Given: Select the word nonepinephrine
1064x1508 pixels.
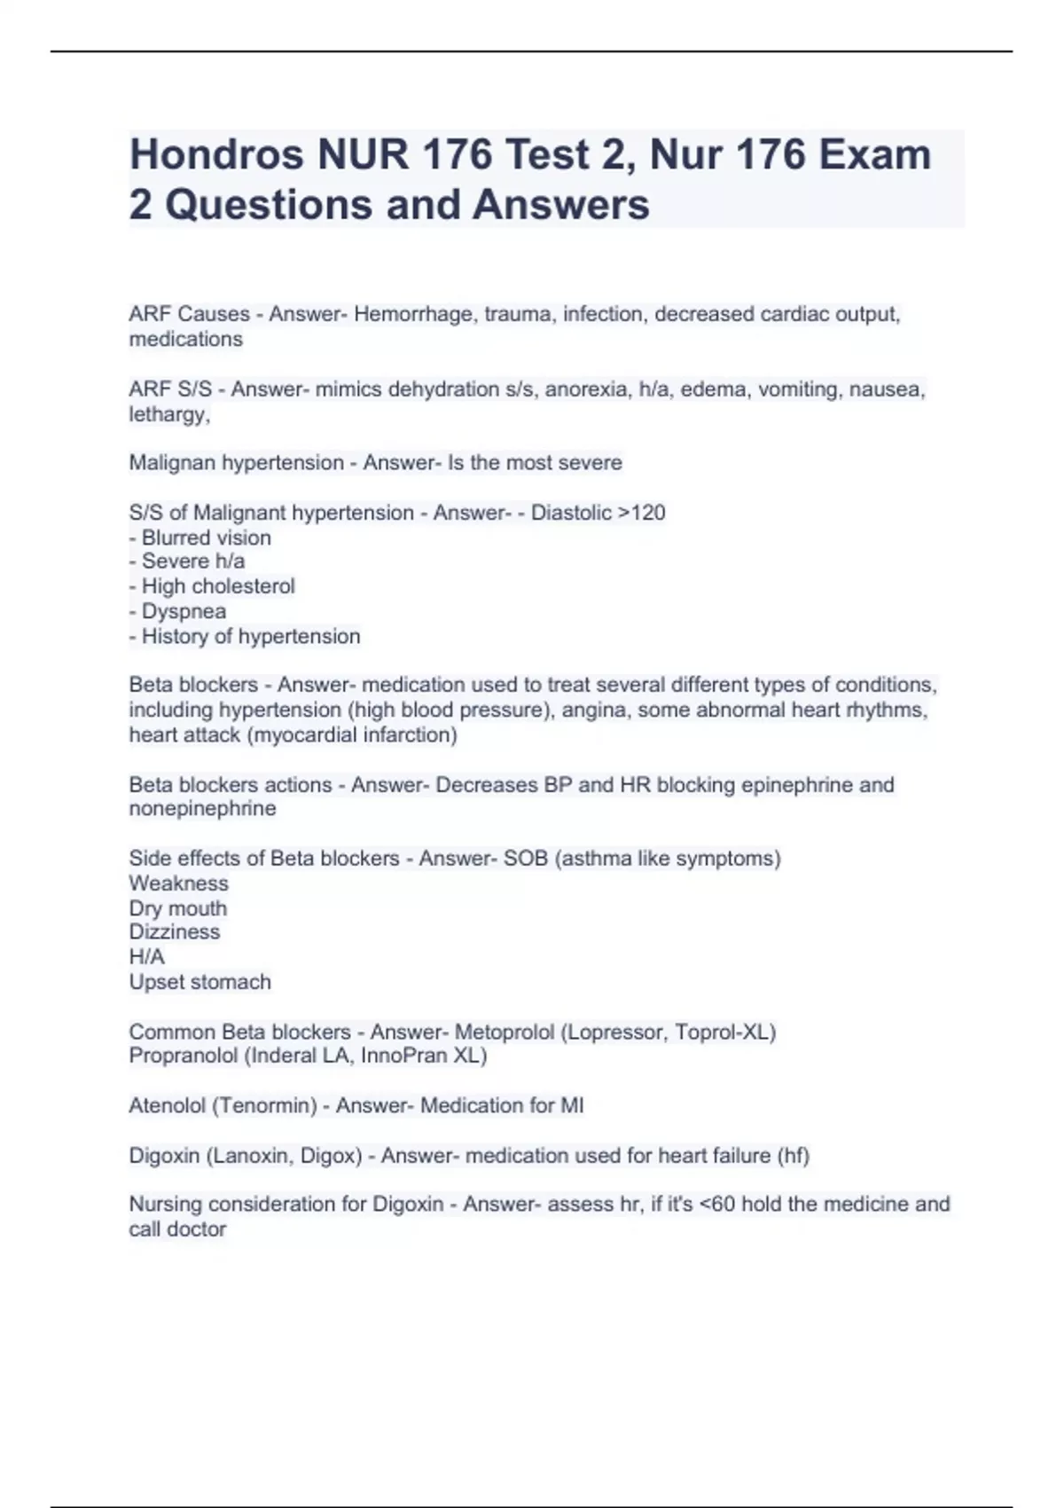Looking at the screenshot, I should pos(202,809).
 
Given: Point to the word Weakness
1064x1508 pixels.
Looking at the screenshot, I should pos(178,884).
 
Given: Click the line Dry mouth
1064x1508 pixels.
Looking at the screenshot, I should pos(177,908).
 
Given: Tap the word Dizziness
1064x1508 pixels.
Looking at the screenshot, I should pos(174,932).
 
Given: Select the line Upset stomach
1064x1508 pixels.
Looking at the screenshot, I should pos(199,982).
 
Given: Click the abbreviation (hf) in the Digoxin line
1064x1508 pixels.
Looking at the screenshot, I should pos(793,1156).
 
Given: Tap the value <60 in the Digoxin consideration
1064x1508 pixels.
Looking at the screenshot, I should pos(716,1205).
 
